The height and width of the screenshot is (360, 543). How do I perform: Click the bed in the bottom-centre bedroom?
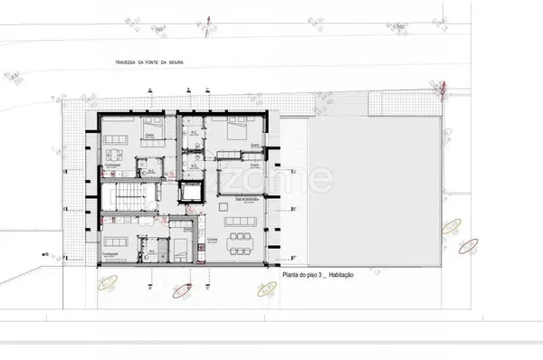pyautogui.click(x=181, y=247)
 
